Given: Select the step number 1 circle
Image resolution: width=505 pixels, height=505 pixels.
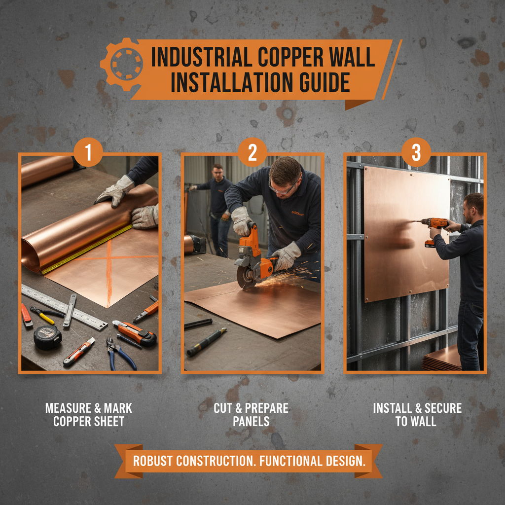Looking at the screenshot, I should point(88,153).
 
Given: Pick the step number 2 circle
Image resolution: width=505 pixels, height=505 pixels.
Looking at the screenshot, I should point(252,153).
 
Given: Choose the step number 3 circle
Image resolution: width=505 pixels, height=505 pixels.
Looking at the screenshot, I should point(416,153).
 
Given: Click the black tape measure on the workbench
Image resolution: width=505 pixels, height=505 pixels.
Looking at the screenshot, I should point(48,337).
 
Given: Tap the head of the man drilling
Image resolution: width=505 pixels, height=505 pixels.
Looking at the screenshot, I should point(474,205).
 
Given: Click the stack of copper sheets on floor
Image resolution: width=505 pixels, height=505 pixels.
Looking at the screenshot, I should point(442,359).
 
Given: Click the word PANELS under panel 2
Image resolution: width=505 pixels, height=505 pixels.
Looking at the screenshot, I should point(252,422).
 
